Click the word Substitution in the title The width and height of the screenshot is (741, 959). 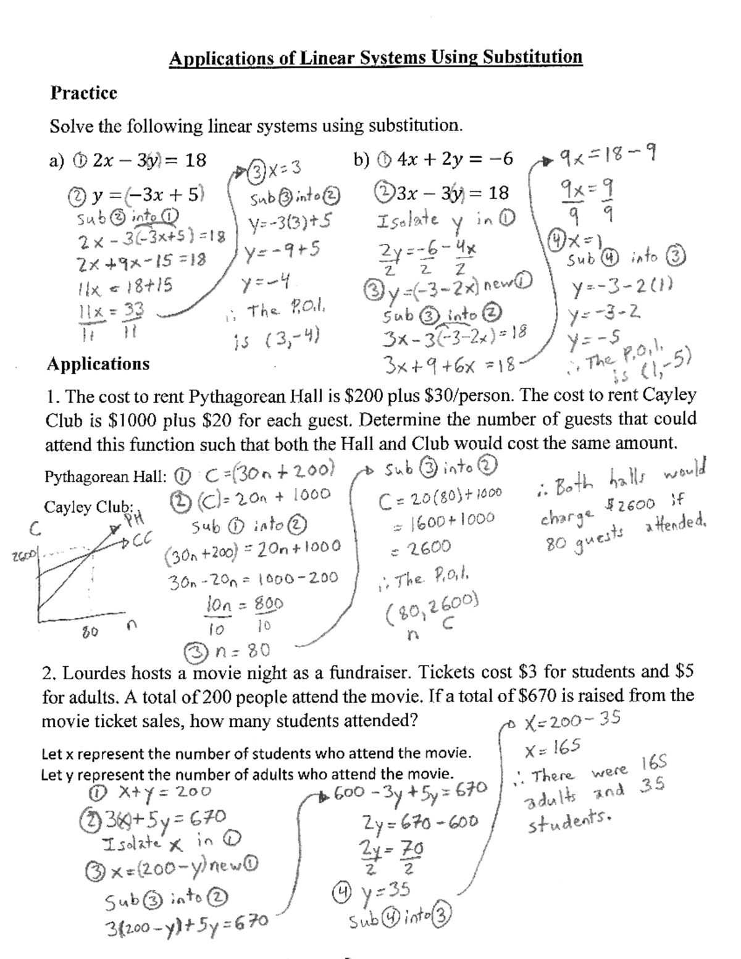532,57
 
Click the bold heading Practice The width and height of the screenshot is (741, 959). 83,93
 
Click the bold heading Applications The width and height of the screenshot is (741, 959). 98,364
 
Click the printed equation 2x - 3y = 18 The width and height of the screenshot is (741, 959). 149,161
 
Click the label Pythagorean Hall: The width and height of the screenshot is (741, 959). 105,477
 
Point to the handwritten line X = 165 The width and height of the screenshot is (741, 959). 553,750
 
